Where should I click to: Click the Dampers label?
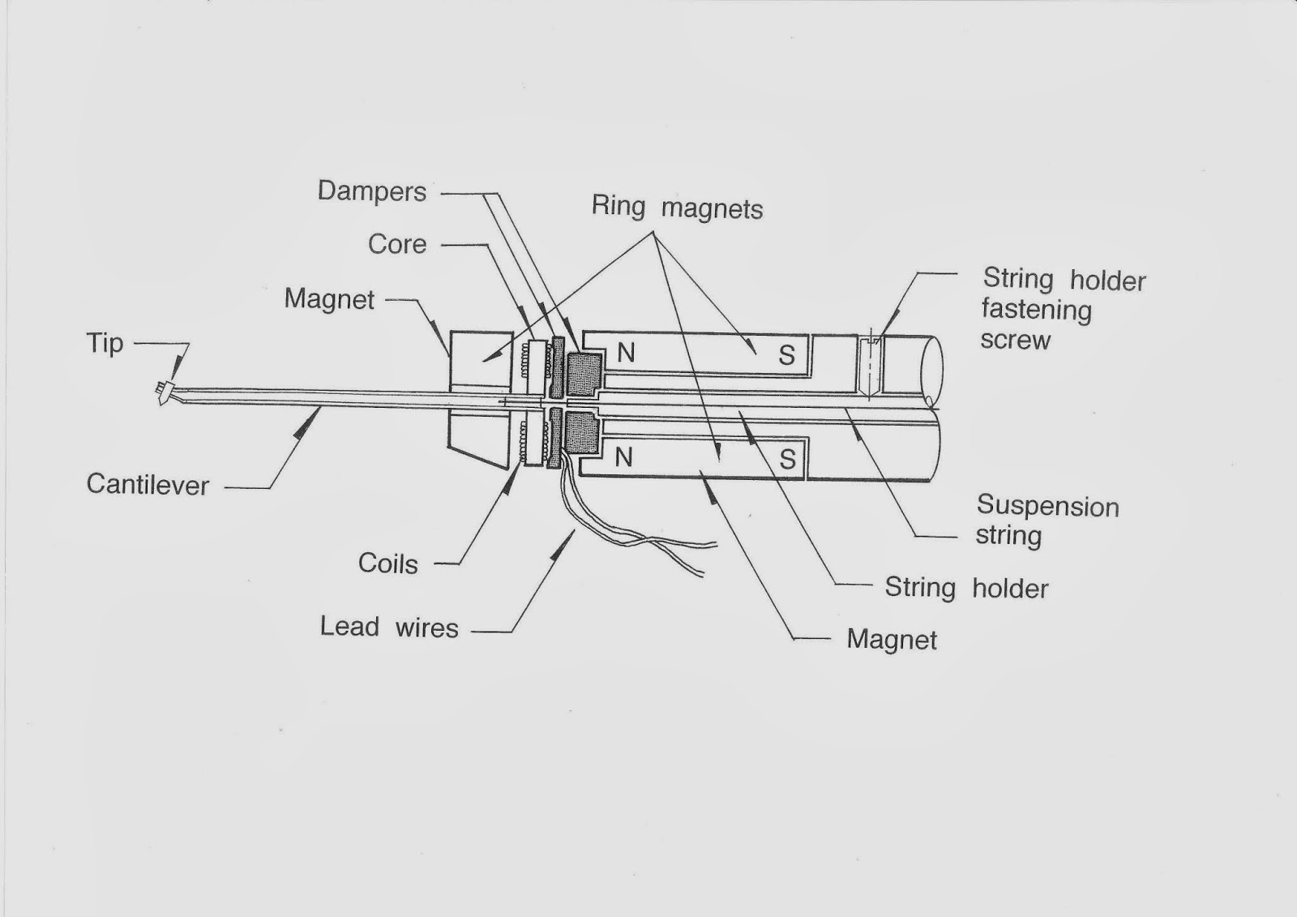click(x=372, y=192)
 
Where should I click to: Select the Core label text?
click(x=397, y=244)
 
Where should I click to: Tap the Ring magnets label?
click(x=677, y=208)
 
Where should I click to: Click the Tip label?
click(x=105, y=343)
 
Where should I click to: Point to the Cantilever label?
click(x=148, y=485)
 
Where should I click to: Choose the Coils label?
click(x=388, y=563)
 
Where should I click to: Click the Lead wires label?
click(x=389, y=627)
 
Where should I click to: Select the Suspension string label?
click(x=1047, y=521)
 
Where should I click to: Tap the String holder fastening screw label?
click(x=1063, y=310)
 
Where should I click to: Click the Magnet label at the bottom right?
click(x=892, y=640)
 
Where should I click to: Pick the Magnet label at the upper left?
click(x=329, y=299)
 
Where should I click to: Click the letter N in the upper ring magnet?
click(x=626, y=354)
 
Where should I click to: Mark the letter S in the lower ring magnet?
click(x=787, y=461)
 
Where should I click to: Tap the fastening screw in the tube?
click(x=870, y=365)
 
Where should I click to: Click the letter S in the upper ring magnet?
click(x=786, y=356)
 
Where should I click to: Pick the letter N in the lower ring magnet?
click(x=623, y=458)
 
